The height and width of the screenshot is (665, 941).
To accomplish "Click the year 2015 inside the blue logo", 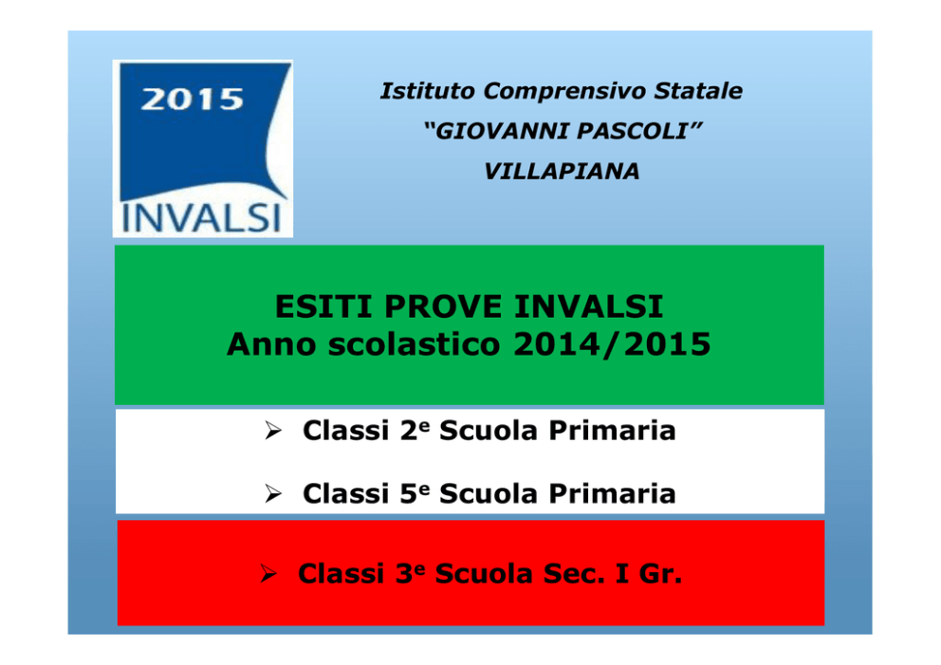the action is (x=192, y=99).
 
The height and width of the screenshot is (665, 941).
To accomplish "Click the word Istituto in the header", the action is (x=428, y=91).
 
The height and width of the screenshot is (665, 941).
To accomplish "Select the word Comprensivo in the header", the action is (x=564, y=91).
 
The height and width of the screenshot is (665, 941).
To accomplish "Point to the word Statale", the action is (x=698, y=91).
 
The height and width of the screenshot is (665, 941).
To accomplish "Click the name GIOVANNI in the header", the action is (x=500, y=131).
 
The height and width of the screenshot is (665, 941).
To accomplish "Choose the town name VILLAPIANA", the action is (x=562, y=171).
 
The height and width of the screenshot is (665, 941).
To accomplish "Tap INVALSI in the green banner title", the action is (x=588, y=306).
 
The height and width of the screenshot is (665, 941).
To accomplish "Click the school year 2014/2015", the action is (x=612, y=344).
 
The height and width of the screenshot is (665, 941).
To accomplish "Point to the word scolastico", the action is (x=415, y=344).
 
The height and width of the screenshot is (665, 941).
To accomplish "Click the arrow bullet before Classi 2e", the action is (x=273, y=431).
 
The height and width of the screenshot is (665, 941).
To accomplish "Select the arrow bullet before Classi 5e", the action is (x=273, y=493).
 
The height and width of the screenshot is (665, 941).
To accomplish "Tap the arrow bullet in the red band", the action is (x=268, y=574).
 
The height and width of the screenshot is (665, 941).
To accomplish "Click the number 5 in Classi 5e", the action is (x=408, y=494).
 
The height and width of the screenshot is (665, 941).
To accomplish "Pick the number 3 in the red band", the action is (x=404, y=574).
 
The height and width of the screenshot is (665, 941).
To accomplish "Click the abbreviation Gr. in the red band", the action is (x=660, y=574).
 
